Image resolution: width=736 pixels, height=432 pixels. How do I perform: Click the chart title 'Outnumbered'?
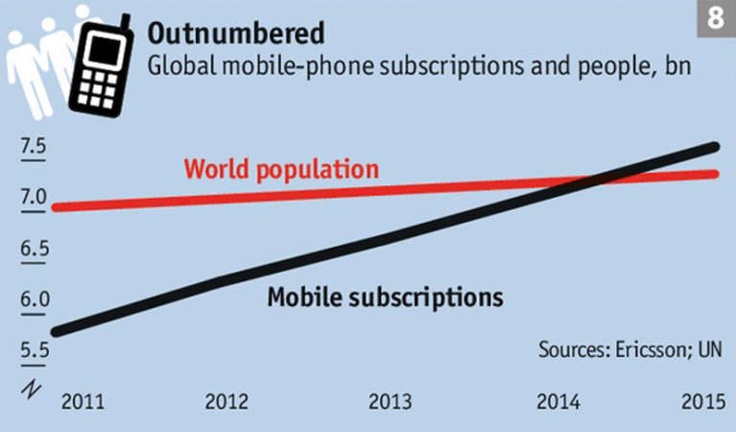coord(236,34)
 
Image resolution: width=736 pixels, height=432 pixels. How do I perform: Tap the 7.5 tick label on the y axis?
coord(34,146)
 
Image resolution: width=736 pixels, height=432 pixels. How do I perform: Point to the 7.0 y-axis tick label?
coord(34,197)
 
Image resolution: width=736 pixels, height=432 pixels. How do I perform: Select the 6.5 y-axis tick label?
coord(35,248)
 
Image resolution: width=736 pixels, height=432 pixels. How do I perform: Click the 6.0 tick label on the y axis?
coord(35,300)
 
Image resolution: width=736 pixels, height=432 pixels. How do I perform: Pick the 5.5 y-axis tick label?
coord(35,350)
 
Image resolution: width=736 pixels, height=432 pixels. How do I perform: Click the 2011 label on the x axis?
coord(83,402)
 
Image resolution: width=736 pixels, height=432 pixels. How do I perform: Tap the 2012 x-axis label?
coord(226,402)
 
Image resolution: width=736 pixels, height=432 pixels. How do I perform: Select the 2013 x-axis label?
coord(390,402)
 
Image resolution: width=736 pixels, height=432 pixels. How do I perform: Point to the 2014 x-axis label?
coord(558,402)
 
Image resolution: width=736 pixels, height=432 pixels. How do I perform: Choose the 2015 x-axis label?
coord(703,402)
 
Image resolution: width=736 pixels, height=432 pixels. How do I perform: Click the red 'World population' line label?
coord(281,170)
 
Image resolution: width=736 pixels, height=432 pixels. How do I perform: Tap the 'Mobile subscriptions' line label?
coord(386,298)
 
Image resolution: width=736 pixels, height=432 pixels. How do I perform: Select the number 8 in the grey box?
coord(716,18)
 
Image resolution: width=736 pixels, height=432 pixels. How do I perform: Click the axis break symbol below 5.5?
coord(31,389)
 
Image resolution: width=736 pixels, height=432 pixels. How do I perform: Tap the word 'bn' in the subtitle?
coord(677,65)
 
